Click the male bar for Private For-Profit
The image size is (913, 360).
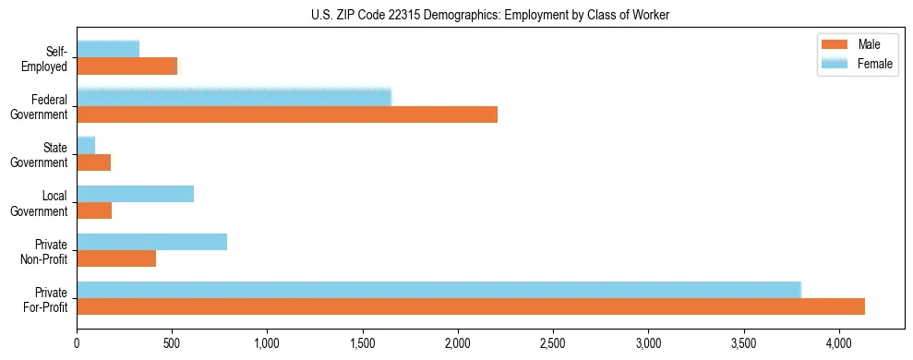tap(471, 306)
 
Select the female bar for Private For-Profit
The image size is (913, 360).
tap(438, 290)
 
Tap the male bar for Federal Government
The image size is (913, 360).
tap(287, 114)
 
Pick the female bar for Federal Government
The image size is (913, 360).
tap(234, 97)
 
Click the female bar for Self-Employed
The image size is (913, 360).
tap(108, 49)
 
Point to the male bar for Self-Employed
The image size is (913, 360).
tap(126, 66)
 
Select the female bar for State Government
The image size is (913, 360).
tap(86, 145)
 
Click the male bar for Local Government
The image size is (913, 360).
tap(94, 210)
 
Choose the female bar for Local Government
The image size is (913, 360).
tap(135, 193)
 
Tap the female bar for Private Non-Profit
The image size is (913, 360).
tap(151, 242)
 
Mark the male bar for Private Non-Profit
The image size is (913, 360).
tap(116, 258)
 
